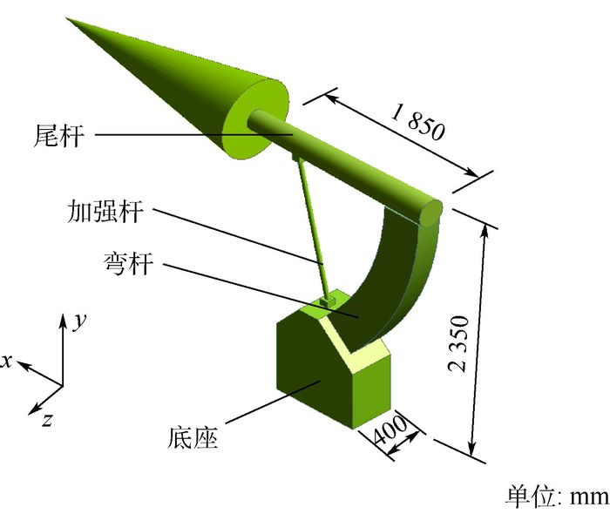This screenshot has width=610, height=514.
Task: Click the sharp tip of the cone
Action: [x=68, y=19]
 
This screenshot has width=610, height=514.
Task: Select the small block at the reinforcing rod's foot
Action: [x=328, y=301]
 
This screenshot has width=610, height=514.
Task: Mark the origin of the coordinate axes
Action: [x=62, y=383]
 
